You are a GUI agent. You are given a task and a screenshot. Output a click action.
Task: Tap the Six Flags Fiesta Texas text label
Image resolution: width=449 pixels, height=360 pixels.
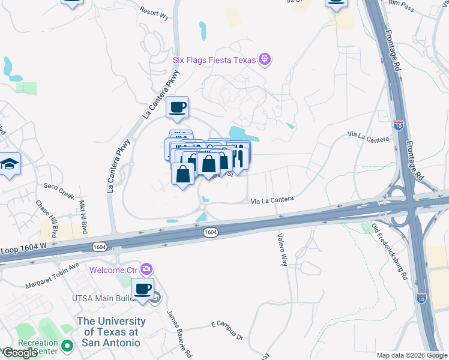coord(214,59)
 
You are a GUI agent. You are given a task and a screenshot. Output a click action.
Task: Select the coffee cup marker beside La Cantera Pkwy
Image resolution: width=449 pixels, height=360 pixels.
coord(177,107)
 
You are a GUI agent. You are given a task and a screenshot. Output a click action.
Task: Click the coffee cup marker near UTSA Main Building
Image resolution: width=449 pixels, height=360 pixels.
coord(143,289)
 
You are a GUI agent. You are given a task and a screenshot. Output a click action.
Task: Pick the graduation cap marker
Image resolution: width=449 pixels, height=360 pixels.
coord(9,164)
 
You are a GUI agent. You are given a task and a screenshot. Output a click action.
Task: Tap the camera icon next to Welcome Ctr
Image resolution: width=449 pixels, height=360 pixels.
coord(145,269)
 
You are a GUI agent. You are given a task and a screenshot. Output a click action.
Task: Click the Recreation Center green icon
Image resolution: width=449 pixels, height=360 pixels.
coord(67,346)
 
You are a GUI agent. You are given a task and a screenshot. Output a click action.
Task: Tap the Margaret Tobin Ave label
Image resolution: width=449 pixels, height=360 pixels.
coord(53,275)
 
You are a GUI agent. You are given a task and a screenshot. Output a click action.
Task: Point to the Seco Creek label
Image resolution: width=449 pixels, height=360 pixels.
coord(58,196)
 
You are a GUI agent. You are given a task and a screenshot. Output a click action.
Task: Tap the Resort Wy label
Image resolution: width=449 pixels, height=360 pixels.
coord(154,11)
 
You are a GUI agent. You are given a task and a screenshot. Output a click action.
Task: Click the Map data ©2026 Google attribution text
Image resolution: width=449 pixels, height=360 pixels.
coord(411,355)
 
